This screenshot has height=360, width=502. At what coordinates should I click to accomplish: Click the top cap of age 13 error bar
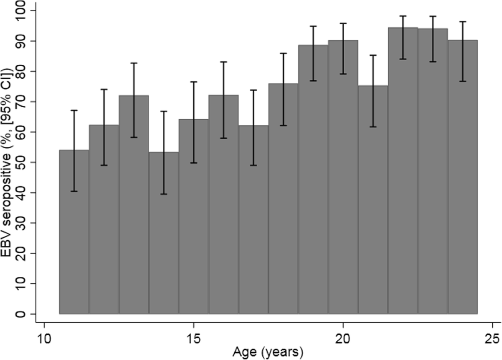click(134, 63)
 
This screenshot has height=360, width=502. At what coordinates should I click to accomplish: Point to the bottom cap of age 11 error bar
click(74, 191)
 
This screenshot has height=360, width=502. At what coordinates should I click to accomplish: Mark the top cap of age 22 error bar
click(403, 16)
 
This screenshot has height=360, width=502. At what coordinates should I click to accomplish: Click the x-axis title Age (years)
click(268, 352)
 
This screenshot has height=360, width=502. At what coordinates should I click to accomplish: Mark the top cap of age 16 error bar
click(223, 62)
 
